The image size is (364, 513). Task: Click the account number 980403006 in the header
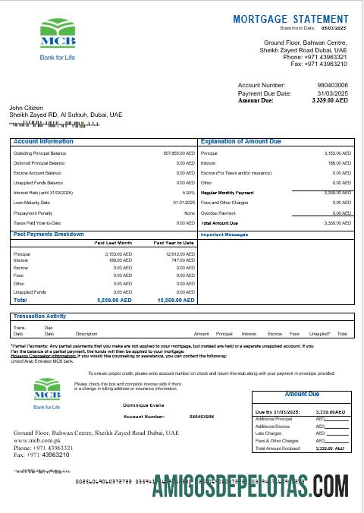[x=332, y=85]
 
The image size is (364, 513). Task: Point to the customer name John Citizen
[x=26, y=108]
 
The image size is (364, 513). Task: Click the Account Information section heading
[x=43, y=141]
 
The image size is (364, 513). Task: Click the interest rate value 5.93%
[x=189, y=193]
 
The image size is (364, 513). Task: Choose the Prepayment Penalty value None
[x=189, y=213]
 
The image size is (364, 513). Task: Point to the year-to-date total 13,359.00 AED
[x=177, y=301]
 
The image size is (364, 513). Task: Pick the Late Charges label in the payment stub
[x=268, y=433]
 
